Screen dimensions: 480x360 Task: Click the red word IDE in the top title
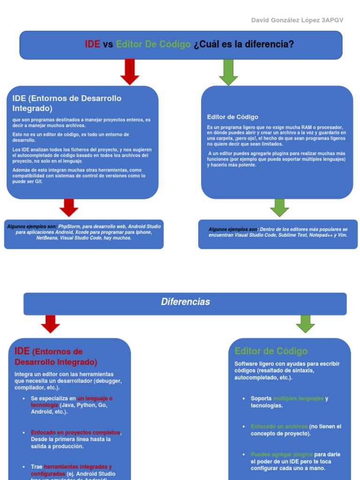tap(92, 45)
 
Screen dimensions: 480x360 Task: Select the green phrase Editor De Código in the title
tap(153, 45)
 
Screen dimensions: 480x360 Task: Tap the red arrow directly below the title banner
tap(130, 71)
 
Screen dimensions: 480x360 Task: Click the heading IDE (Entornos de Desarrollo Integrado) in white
tap(67, 103)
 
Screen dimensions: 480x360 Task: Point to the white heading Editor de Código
tap(232, 117)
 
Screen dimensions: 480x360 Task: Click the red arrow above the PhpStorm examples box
tap(69, 207)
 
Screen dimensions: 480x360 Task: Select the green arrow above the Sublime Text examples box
tap(280, 207)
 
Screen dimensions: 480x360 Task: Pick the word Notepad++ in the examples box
tap(321, 235)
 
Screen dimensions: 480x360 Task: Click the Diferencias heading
tap(185, 302)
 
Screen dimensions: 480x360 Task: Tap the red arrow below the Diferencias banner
tap(51, 323)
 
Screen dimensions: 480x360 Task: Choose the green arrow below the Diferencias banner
tap(306, 323)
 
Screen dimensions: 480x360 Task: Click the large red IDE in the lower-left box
tap(22, 351)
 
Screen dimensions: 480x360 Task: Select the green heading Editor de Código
tap(271, 351)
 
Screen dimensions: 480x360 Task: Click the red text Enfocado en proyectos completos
tap(75, 433)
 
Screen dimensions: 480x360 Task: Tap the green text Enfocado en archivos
tap(279, 427)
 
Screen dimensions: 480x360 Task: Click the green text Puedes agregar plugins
tap(281, 454)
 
